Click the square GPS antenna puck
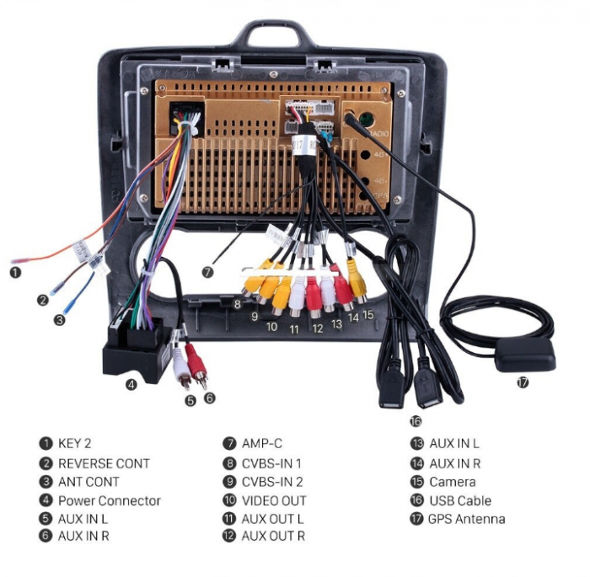(x=526, y=354)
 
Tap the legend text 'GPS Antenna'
(x=467, y=520)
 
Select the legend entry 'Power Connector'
(x=109, y=501)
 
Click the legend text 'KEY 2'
(x=74, y=443)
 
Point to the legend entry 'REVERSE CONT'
(x=104, y=463)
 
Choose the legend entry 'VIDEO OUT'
(x=274, y=501)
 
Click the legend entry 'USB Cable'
(x=460, y=501)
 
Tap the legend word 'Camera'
(x=453, y=482)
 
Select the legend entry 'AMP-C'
(x=262, y=444)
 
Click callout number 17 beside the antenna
(x=523, y=383)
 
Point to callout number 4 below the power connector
(x=131, y=385)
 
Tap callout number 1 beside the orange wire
(x=15, y=273)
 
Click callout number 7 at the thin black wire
(x=207, y=272)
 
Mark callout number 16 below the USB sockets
(x=416, y=422)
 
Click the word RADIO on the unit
(x=379, y=134)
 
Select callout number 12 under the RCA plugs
(x=318, y=329)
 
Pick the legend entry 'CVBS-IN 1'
(x=271, y=463)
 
